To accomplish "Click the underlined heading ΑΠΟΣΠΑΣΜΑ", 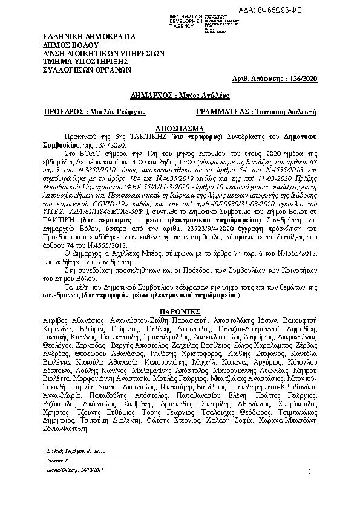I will coord(180,129).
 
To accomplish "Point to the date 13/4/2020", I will coord(109,145).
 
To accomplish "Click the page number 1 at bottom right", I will coord(309,488).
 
